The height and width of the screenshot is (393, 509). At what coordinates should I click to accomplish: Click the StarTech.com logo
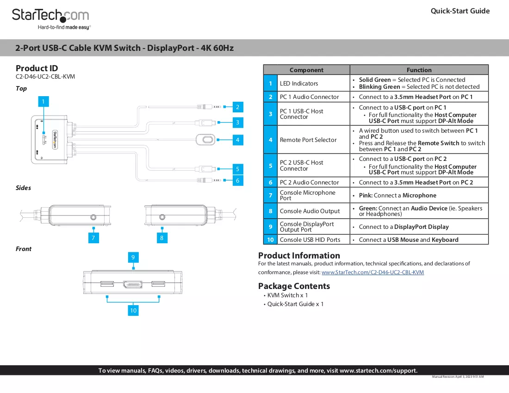51,19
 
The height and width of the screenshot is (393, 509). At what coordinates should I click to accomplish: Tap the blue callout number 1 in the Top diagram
43,102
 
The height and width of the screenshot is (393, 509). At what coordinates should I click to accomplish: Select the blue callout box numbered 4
238,140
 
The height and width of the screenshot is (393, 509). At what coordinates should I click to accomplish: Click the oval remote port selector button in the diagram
205,140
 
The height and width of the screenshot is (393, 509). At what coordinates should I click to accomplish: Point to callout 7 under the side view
93,238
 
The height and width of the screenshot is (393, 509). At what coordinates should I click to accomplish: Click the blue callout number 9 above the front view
133,257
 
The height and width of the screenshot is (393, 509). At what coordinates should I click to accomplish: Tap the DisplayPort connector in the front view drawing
132,285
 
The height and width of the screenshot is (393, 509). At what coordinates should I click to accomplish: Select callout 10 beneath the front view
133,310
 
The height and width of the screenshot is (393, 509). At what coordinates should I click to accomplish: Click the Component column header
306,70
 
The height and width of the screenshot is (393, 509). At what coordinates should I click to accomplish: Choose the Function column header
419,70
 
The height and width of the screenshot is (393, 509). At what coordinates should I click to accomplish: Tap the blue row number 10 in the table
270,239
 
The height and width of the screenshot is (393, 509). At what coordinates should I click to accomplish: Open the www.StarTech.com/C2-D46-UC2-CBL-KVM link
372,272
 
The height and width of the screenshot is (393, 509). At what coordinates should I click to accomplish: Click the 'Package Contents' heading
294,286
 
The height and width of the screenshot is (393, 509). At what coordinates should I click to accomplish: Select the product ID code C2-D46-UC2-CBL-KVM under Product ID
45,77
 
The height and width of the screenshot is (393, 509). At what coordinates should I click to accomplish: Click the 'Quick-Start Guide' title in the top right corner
460,11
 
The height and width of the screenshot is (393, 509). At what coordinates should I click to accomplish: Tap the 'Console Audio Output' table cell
310,211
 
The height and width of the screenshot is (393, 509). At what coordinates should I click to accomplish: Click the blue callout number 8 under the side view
162,238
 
